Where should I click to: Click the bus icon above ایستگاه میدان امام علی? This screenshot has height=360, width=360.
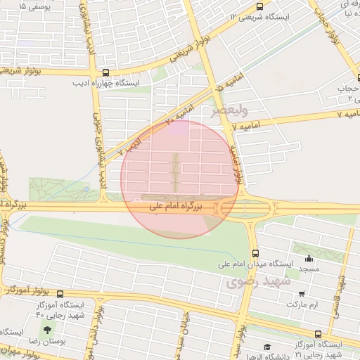(255, 254)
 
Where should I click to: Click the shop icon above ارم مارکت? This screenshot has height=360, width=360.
(302, 295)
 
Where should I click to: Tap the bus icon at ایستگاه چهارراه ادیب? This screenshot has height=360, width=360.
(105, 72)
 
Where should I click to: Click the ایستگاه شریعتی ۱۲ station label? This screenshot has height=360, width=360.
(258, 15)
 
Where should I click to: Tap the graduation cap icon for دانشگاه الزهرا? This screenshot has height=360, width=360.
(267, 347)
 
